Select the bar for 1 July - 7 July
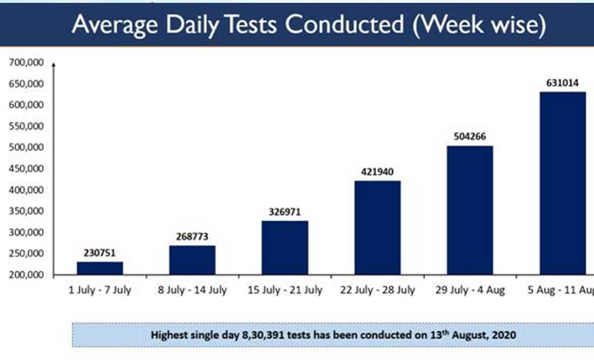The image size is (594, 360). (100, 268)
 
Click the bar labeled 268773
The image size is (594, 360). (193, 260)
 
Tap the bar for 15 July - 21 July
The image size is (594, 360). (285, 247)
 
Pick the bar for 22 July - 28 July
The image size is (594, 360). (377, 227)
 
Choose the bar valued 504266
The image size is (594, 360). (470, 210)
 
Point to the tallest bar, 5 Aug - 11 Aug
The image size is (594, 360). (563, 183)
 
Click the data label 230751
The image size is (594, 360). (99, 253)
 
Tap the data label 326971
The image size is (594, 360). (285, 212)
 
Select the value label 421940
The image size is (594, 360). (377, 172)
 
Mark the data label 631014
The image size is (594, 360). (563, 83)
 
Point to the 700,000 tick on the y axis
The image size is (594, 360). (26, 62)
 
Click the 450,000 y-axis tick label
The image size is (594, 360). (26, 169)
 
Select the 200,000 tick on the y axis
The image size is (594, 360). (26, 275)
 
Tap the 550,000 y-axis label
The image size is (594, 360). (26, 126)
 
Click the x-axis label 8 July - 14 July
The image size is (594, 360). (193, 290)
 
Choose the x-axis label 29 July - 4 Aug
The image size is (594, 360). (470, 290)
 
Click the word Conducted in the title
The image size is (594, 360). (345, 25)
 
